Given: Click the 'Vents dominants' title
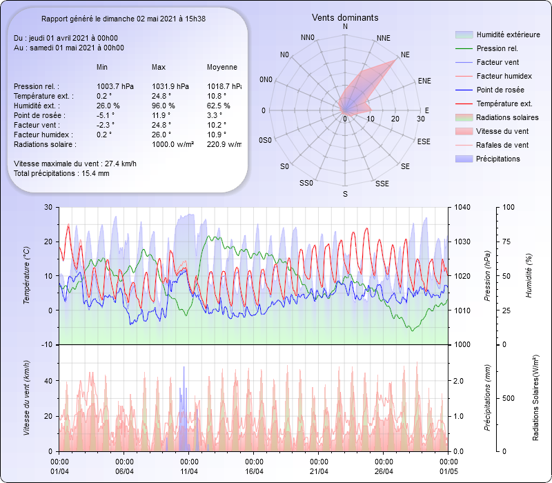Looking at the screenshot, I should [x=345, y=17].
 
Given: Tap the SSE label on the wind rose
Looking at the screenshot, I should [x=382, y=184].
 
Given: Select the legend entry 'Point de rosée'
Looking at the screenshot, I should [x=500, y=90].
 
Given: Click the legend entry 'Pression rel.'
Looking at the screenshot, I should [x=497, y=48].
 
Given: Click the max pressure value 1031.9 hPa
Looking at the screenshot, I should [x=170, y=86].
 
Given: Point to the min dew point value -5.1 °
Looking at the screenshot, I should [x=105, y=115].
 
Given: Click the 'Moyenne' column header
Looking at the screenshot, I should [x=222, y=67].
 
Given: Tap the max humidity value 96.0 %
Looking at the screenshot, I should [x=164, y=106].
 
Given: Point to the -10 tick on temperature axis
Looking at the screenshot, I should [x=48, y=344].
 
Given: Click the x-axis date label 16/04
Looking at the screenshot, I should [x=255, y=471].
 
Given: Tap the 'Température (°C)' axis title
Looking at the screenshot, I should [x=26, y=276].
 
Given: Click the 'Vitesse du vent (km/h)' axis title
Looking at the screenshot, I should [x=26, y=397].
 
